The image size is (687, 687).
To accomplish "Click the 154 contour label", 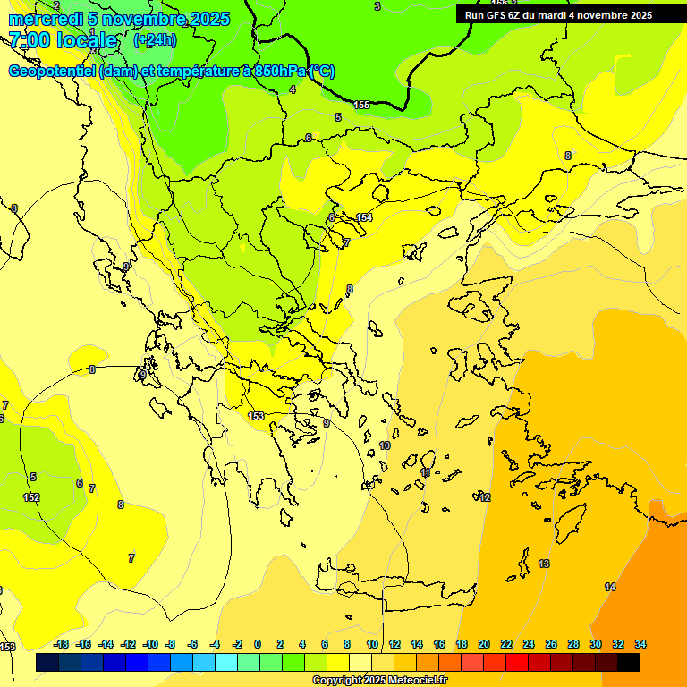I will click(x=364, y=217).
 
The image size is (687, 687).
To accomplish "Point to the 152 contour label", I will click(x=31, y=497).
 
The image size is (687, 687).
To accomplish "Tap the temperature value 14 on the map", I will click(x=610, y=587).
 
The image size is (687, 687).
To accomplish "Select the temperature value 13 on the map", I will click(x=544, y=564).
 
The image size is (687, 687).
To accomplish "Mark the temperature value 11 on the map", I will click(x=426, y=472).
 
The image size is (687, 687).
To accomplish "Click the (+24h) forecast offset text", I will click(x=155, y=40).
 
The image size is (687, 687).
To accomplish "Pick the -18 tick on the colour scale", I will click(x=61, y=644).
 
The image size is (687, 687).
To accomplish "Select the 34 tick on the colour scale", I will click(x=640, y=644).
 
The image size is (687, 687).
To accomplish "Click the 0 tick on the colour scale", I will click(x=258, y=644).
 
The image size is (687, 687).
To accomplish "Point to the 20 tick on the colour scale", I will click(x=484, y=644).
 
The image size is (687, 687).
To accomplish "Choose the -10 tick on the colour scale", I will click(x=150, y=644).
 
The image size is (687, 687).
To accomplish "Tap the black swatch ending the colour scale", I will click(x=629, y=662).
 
